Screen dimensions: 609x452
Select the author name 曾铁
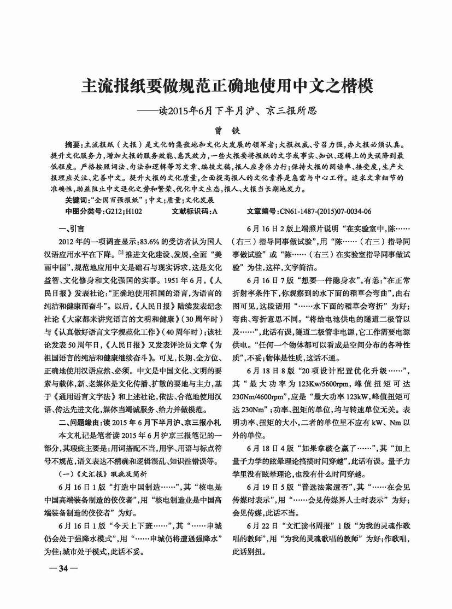(226, 131)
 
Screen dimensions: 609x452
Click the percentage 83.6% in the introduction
(154, 240)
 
